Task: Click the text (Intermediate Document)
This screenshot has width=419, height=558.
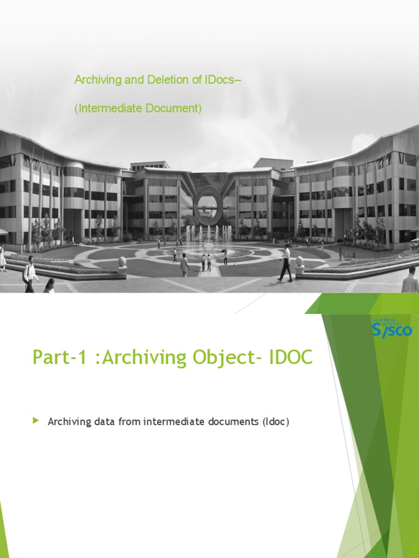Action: coord(138,108)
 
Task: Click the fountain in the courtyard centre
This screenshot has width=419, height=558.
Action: coord(207,242)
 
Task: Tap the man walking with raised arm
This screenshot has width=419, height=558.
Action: coord(285,263)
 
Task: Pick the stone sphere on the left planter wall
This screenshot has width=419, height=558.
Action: coord(122,262)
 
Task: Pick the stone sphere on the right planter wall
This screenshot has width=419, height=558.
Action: coord(300,262)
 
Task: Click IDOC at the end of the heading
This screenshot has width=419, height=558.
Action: coord(292,358)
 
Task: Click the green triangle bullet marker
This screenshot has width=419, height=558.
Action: coord(36,420)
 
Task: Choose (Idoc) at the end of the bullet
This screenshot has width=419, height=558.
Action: coord(275,421)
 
